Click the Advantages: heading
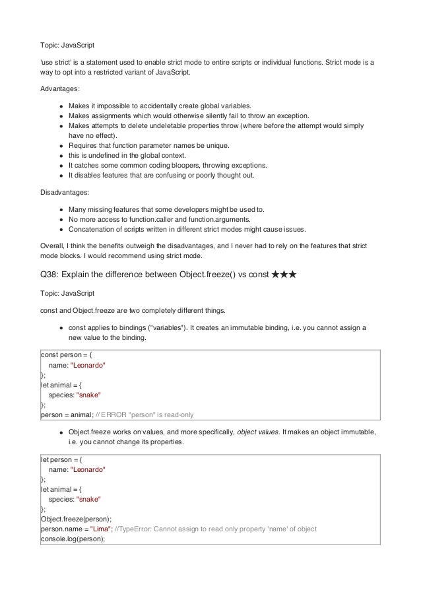[x=61, y=88]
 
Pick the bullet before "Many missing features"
[x=61, y=209]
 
